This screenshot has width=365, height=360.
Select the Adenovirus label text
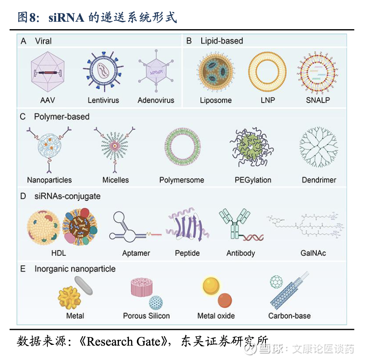[156, 100]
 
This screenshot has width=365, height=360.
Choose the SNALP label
[318, 100]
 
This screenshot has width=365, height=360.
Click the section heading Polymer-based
[62, 117]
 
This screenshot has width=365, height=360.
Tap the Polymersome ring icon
[182, 149]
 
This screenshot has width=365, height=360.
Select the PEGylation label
[252, 180]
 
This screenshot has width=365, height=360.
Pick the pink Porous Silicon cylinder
[143, 287]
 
